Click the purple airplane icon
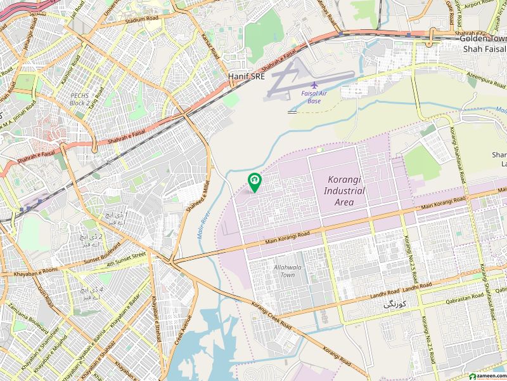[x=314, y=85]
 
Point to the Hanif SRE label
[x=246, y=76]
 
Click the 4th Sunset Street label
[x=126, y=258]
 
